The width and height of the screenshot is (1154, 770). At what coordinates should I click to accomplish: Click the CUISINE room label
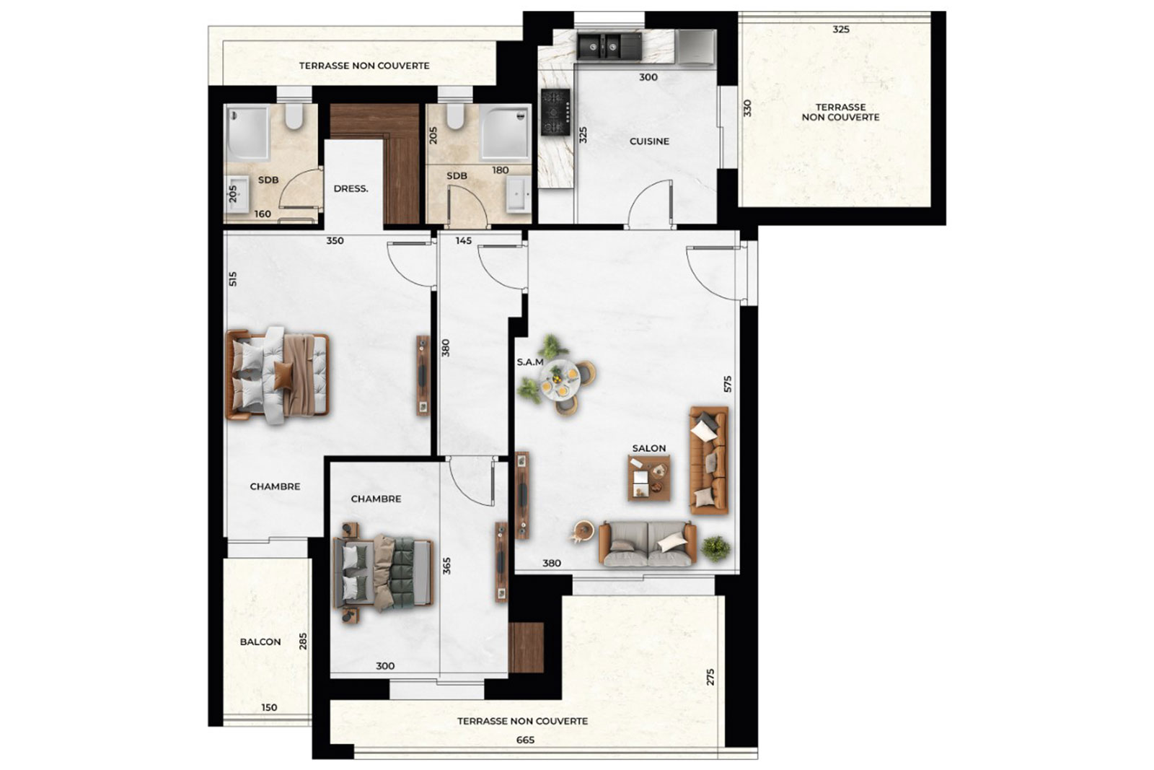point(649,141)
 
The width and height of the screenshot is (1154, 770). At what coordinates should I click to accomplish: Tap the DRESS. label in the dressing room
point(351,188)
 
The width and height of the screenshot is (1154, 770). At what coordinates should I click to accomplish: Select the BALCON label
point(260,642)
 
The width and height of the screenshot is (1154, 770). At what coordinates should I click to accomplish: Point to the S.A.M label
point(530,362)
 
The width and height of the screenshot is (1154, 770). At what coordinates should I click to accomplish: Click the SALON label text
point(649,448)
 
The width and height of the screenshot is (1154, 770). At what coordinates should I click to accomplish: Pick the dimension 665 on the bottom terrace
point(526,740)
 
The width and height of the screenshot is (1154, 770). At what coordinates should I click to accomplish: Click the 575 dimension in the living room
point(728,384)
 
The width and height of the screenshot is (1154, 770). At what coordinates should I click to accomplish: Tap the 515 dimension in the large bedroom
point(233,279)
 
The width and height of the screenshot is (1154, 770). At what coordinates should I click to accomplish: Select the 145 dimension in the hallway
point(464,241)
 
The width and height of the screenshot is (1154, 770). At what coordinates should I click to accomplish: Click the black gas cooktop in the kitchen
point(555,112)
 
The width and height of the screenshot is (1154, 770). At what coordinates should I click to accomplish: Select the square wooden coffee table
point(649,478)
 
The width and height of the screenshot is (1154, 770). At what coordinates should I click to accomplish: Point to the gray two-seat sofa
point(648,543)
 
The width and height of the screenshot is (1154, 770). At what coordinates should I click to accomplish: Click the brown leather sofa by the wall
point(709,460)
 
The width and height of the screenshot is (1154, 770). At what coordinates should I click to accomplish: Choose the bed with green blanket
point(383,572)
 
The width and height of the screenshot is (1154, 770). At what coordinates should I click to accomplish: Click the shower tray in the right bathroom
point(504,133)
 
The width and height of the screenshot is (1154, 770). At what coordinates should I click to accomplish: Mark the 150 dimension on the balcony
point(269,708)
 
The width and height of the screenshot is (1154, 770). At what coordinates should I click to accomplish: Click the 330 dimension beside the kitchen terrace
point(747,108)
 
